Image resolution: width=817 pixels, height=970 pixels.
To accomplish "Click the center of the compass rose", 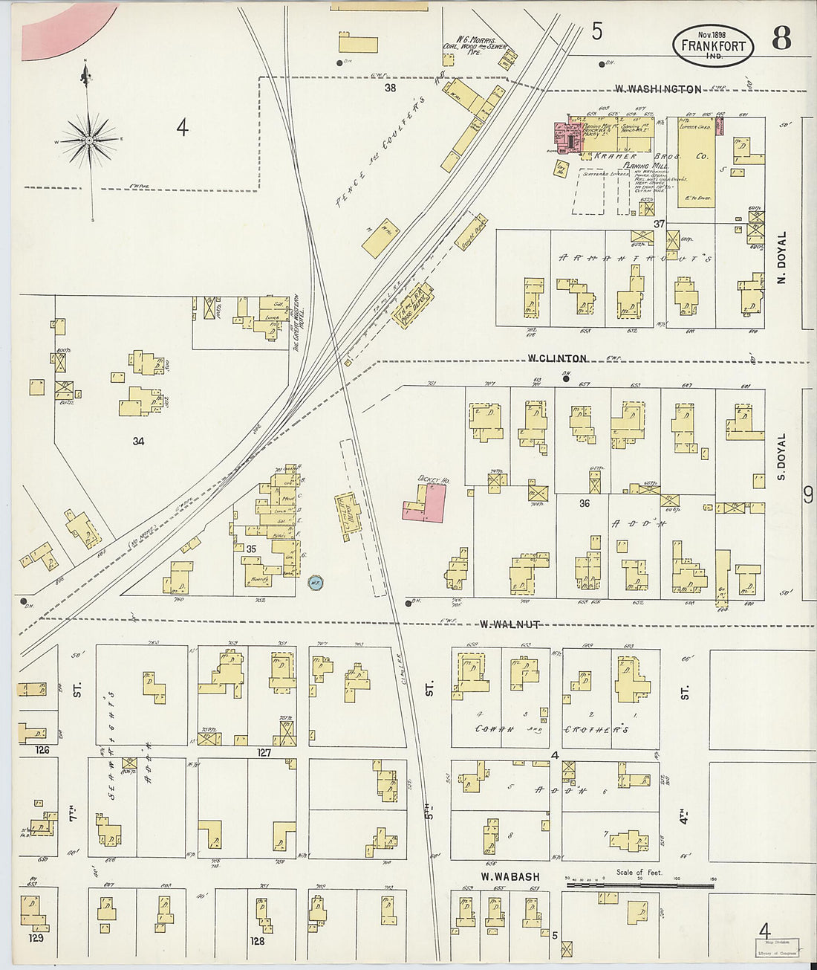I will coord(89,139).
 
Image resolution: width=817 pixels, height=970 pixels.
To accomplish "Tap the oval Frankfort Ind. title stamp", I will coord(713,45).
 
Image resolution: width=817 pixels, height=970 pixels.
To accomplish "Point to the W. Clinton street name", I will coord(557,358).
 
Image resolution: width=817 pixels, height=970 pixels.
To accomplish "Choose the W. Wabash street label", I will coord(510,877).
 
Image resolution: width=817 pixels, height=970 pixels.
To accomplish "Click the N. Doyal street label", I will coord(781,255).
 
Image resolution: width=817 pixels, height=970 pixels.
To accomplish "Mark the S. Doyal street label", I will coord(781,456).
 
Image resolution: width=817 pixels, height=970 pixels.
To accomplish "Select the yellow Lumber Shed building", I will coord(696,162).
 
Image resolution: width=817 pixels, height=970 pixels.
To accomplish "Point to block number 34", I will coord(138,441).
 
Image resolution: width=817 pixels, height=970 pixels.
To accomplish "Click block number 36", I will coord(585,503).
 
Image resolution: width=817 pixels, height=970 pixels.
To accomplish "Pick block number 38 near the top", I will coord(390,88).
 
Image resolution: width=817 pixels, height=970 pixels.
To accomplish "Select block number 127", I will coord(264,752).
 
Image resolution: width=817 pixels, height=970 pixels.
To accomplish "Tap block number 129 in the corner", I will coord(36,938).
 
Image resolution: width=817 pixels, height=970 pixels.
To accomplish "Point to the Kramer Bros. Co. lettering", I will coord(650,158).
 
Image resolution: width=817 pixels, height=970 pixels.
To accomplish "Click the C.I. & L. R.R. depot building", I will coord(348,514).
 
